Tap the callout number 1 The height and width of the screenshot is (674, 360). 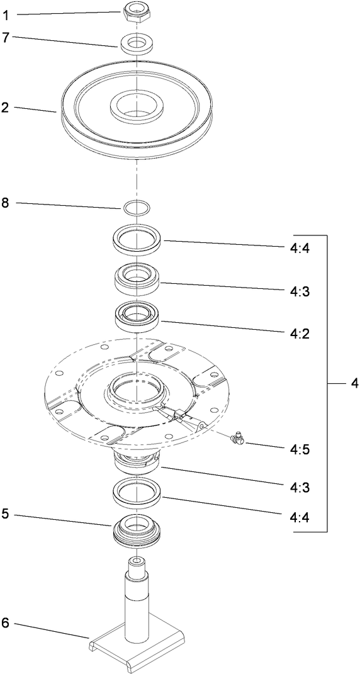[x=5, y=13]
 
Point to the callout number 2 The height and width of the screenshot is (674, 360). [x=5, y=107]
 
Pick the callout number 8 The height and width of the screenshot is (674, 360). [x=5, y=203]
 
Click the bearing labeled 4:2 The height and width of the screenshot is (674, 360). [x=136, y=314]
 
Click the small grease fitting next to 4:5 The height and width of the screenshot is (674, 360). [x=237, y=438]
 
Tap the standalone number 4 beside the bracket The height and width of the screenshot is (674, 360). [x=353, y=383]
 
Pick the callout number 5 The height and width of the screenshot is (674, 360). [x=5, y=514]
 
